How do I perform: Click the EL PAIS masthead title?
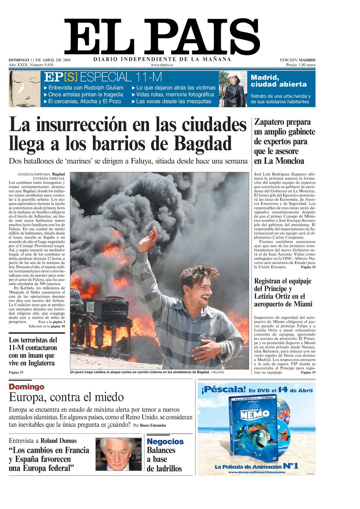[162, 36]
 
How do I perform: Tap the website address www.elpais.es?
[162, 65]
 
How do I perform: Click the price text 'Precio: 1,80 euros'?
[300, 65]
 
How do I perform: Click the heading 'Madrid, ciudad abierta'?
[278, 81]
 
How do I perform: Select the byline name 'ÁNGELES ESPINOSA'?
[35, 174]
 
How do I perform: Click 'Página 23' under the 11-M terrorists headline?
[16, 372]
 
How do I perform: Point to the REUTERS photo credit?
[218, 372]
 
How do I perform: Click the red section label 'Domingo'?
[26, 387]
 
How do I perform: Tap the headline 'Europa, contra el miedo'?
[66, 397]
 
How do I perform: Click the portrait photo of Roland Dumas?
[118, 454]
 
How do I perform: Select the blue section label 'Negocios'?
[165, 442]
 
